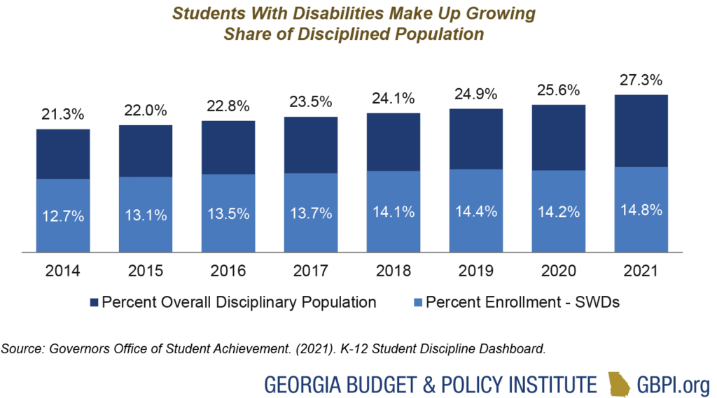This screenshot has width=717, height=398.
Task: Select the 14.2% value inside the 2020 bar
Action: (x=558, y=211)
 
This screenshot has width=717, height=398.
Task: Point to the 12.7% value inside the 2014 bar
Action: (x=63, y=216)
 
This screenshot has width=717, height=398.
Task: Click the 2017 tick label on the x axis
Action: (x=310, y=271)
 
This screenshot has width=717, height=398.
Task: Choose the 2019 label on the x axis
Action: (x=475, y=271)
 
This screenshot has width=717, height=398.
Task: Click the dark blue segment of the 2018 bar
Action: (x=393, y=141)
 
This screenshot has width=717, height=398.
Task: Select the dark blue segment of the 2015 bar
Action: (x=146, y=150)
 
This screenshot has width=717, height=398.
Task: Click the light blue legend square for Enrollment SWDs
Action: (x=417, y=303)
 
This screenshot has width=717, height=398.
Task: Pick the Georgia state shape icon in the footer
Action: (x=618, y=383)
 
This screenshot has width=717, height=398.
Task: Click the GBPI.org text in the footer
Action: (x=668, y=383)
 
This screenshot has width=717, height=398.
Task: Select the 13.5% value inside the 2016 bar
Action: (x=228, y=214)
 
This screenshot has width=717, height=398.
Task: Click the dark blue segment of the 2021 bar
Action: (x=641, y=130)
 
